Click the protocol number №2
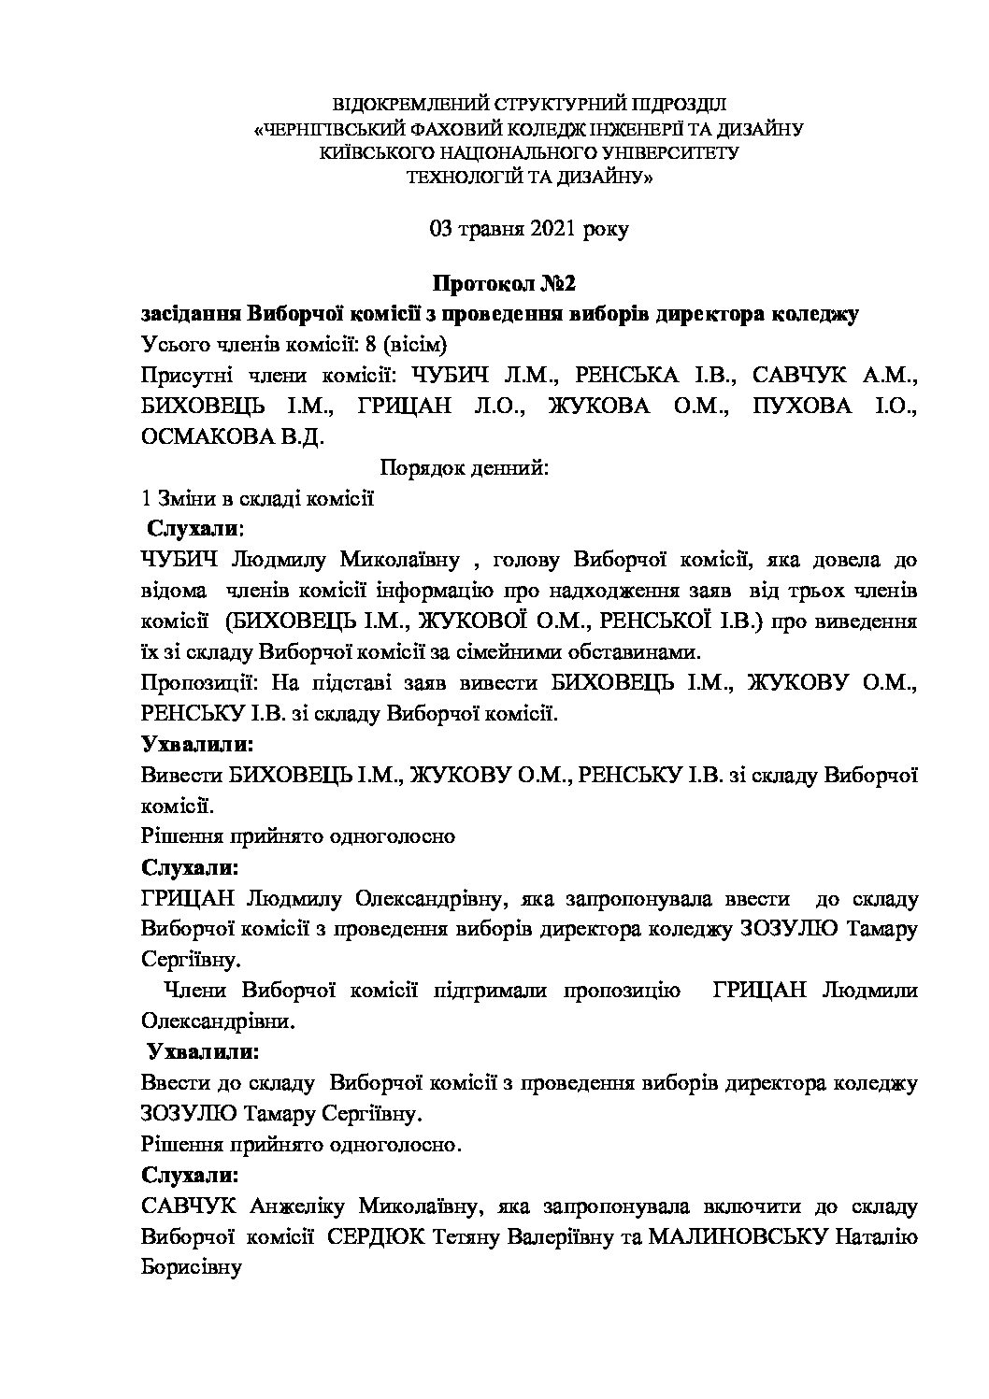(x=561, y=282)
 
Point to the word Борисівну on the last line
(x=191, y=1268)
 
